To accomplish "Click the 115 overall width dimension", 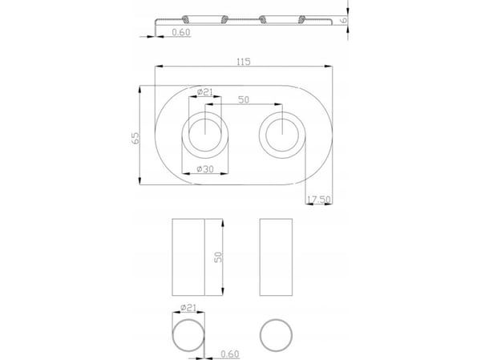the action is click(x=244, y=62).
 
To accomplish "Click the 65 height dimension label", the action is click(x=135, y=138).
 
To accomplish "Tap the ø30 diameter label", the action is click(x=205, y=169).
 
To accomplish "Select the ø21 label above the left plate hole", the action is click(x=205, y=91).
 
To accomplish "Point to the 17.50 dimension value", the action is click(x=319, y=200).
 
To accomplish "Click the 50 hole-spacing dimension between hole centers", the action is click(x=244, y=99).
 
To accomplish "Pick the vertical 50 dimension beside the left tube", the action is click(x=218, y=257).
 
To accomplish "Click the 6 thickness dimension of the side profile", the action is click(x=344, y=19).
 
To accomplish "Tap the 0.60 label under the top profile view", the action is click(x=181, y=32).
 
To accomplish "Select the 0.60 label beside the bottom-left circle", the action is click(x=230, y=354).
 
